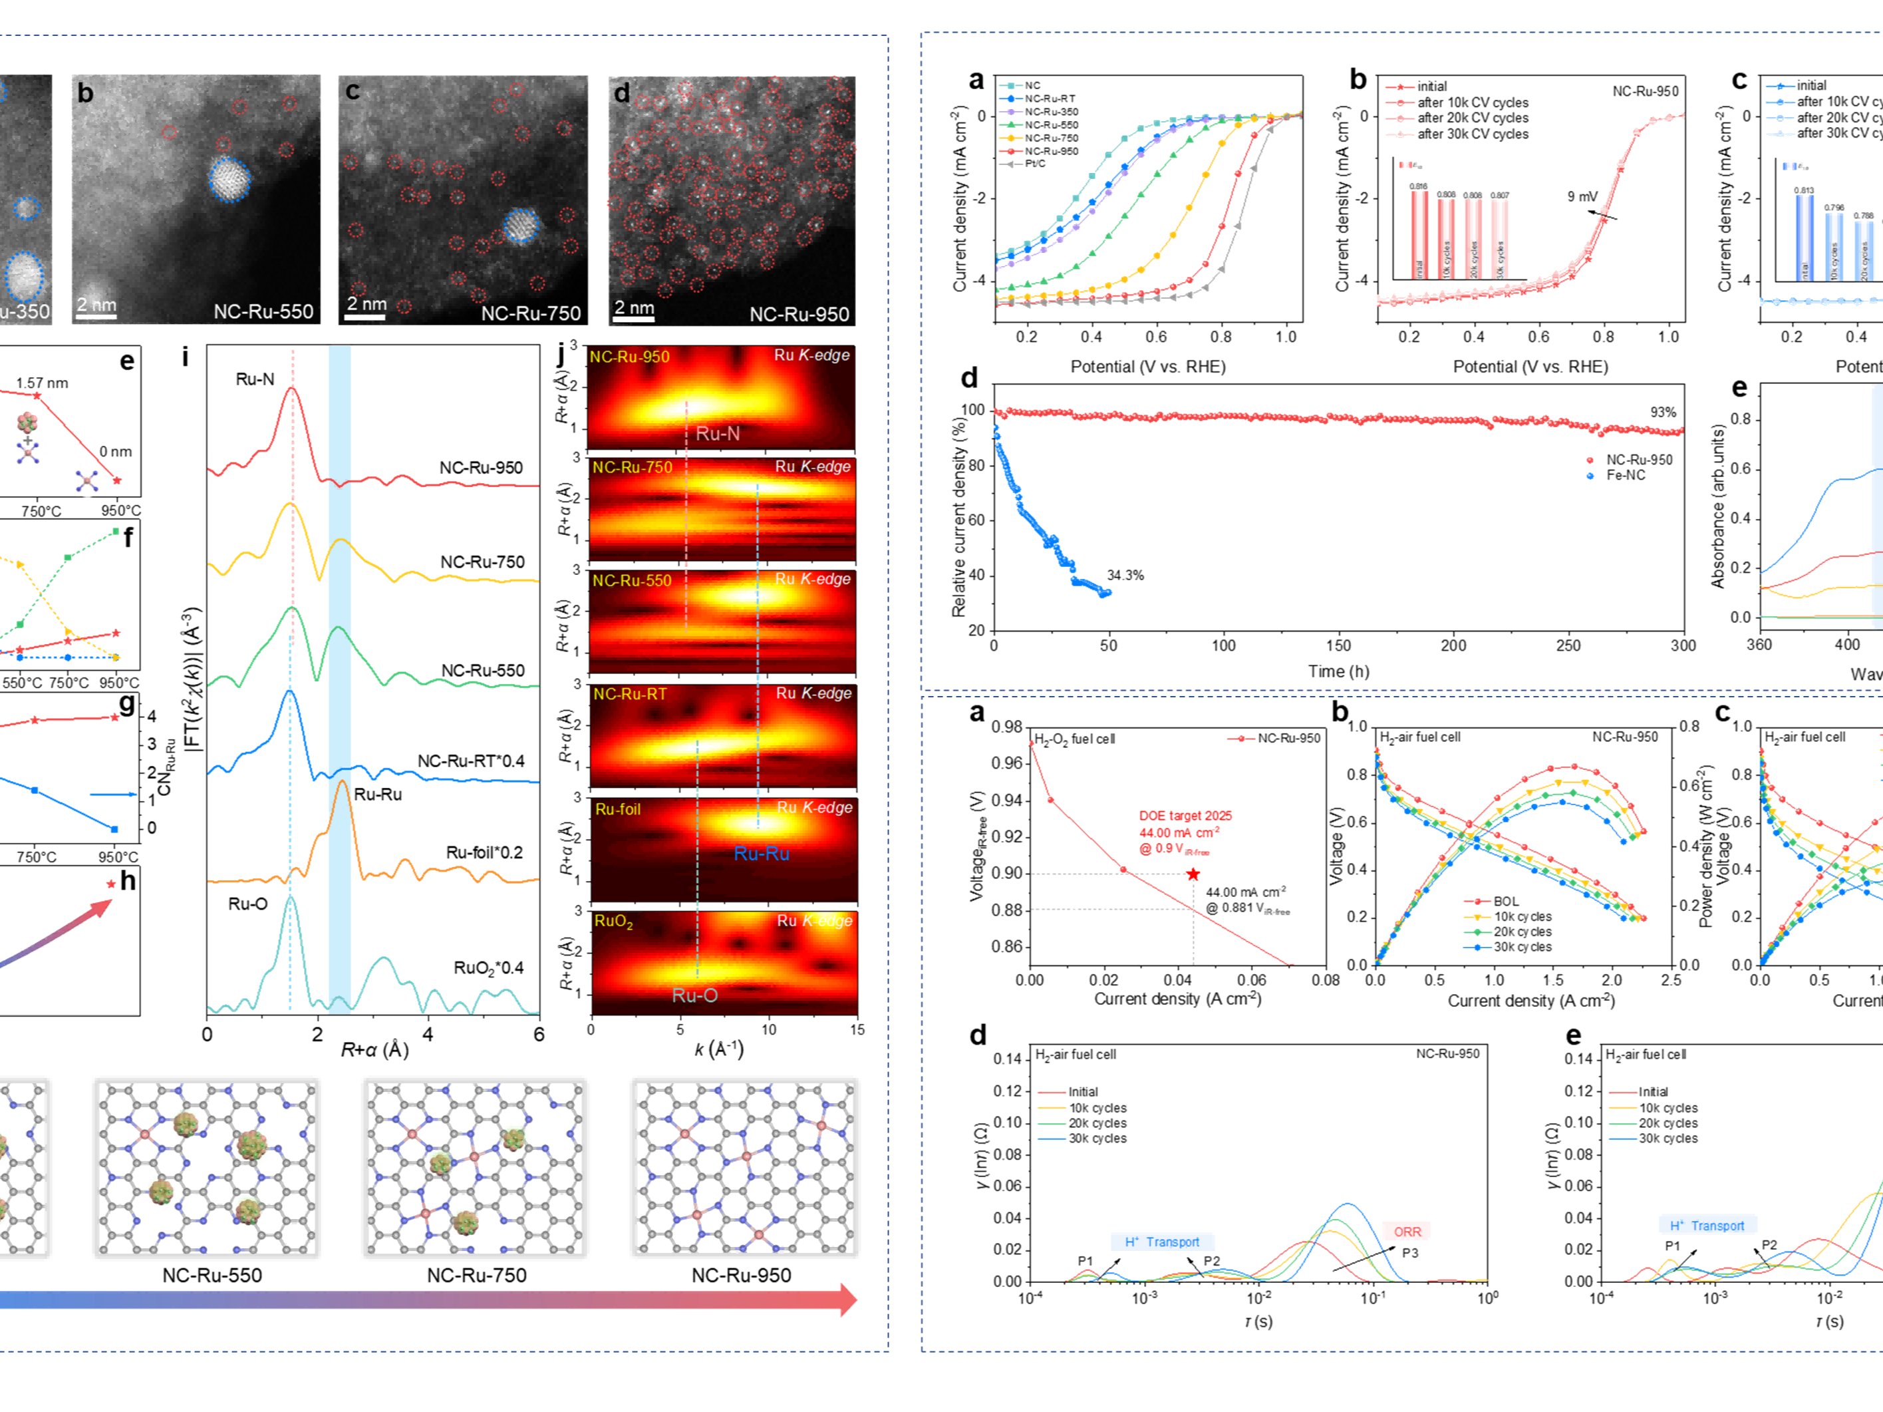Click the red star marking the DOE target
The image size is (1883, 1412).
[x=1193, y=874]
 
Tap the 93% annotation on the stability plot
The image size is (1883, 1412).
[x=1663, y=412]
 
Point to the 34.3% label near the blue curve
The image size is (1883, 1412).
[x=1125, y=576]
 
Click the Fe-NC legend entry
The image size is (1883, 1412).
[x=1625, y=475]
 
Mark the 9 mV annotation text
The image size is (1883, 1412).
[x=1582, y=197]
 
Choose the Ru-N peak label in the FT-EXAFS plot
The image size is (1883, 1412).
[x=255, y=379]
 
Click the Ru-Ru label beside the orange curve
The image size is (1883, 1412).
[x=378, y=794]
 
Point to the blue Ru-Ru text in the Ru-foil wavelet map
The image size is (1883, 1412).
[x=761, y=853]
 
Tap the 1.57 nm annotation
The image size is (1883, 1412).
[x=42, y=383]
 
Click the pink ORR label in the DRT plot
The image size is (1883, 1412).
[x=1407, y=1232]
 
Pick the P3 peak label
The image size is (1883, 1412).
[x=1409, y=1253]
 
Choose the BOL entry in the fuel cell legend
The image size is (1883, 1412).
[x=1505, y=901]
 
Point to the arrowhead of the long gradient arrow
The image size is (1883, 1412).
[x=848, y=1300]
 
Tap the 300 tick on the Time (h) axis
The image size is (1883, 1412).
[x=1682, y=645]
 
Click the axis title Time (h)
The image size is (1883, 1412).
[x=1338, y=671]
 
